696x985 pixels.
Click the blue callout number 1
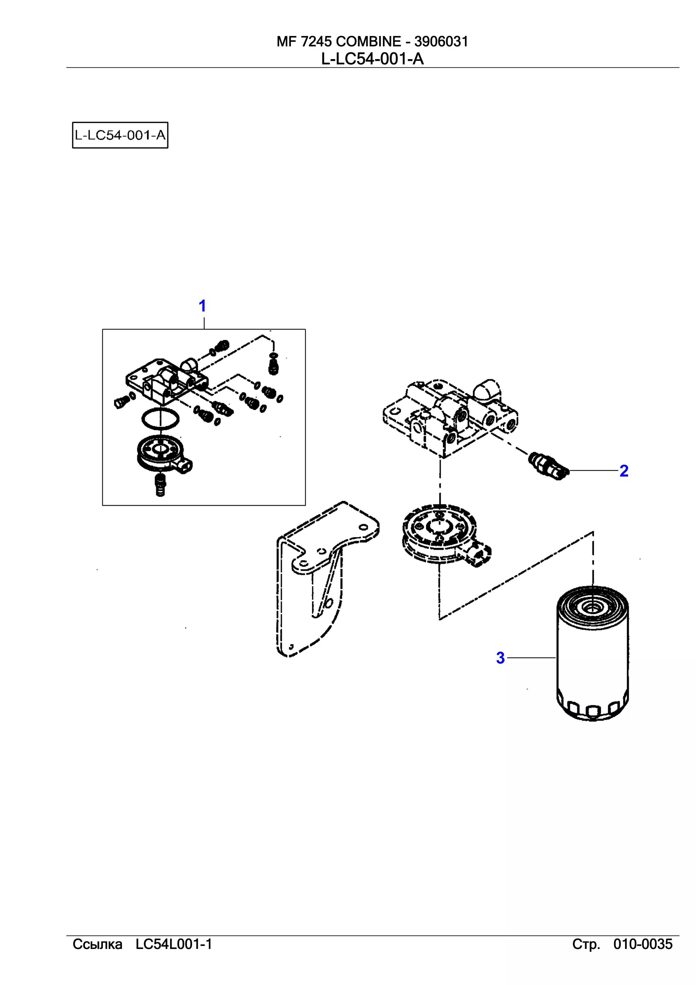203,306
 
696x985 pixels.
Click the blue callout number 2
624,471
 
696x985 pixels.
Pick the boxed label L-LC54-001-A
120,135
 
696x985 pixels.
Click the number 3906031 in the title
441,41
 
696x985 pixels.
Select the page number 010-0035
643,944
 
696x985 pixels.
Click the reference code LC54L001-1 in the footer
174,944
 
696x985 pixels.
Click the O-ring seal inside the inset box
160,419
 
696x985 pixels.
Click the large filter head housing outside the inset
450,416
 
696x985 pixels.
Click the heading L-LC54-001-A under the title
372,59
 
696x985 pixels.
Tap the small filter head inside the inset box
165,380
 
